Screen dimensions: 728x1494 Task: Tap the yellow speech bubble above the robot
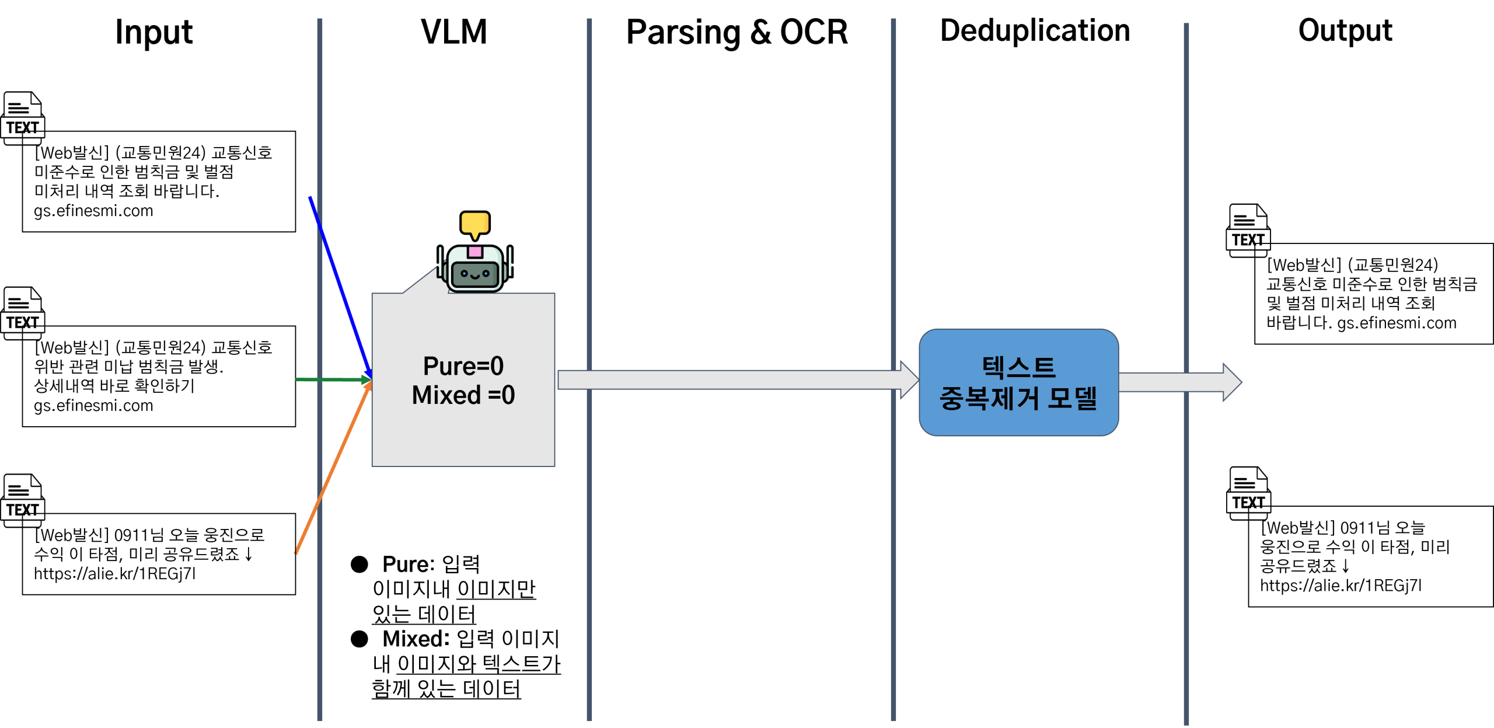pyautogui.click(x=475, y=223)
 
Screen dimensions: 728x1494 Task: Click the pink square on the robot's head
pyautogui.click(x=475, y=252)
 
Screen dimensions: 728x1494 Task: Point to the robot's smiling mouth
pyautogui.click(x=475, y=276)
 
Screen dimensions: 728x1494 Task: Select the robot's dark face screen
pyautogui.click(x=475, y=274)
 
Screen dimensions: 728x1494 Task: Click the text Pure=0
pyautogui.click(x=463, y=367)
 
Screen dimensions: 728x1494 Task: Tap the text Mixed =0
pyautogui.click(x=463, y=395)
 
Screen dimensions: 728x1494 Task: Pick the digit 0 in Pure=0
pyautogui.click(x=497, y=367)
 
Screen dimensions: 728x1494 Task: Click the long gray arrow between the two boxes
pyautogui.click(x=729, y=379)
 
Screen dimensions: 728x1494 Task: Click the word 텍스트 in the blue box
pyautogui.click(x=1018, y=368)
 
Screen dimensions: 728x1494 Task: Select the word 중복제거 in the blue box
pyautogui.click(x=989, y=399)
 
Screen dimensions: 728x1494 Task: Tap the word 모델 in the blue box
pyautogui.click(x=1073, y=399)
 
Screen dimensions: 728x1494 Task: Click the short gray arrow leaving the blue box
pyautogui.click(x=1167, y=382)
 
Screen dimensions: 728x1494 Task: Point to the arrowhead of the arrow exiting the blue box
pyautogui.click(x=1232, y=382)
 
